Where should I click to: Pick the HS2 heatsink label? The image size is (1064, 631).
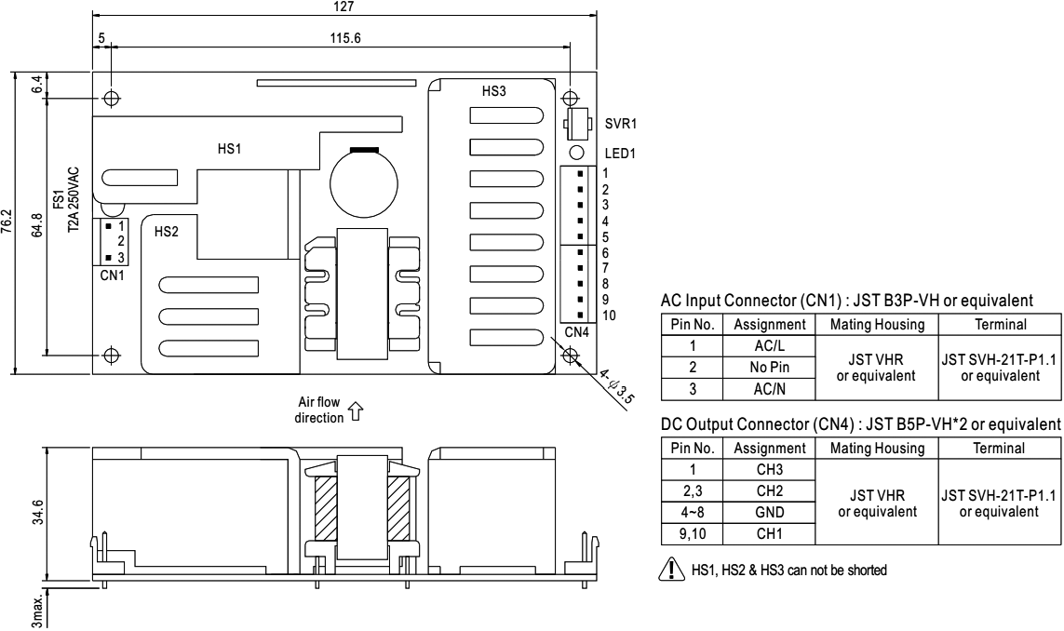pos(166,232)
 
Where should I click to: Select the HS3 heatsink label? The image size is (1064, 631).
pos(495,91)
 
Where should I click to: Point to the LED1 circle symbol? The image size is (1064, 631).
pos(576,153)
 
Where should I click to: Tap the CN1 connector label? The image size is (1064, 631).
pos(110,275)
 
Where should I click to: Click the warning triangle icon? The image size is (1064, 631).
pos(668,571)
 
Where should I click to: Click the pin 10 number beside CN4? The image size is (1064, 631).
pos(608,315)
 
